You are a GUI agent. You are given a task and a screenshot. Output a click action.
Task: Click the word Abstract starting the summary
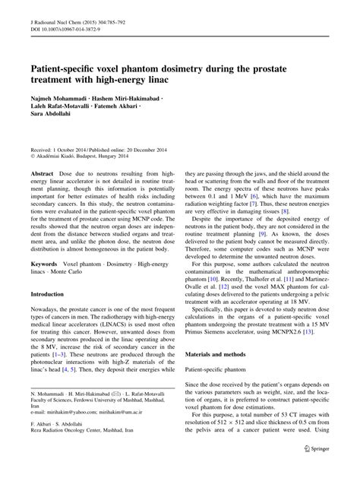43,173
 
